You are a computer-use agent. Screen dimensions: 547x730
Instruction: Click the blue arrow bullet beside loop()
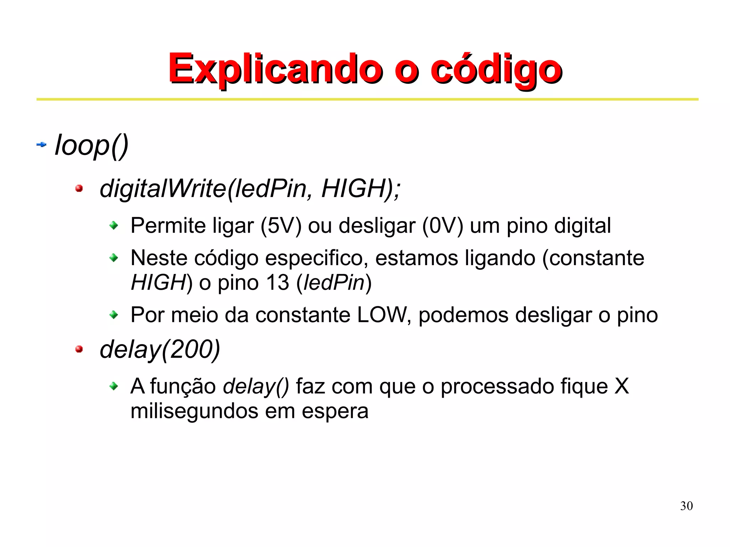42,145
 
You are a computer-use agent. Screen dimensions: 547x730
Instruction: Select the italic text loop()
92,145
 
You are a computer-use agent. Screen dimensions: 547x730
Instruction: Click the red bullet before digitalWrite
79,189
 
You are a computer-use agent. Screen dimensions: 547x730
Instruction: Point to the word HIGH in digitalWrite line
352,188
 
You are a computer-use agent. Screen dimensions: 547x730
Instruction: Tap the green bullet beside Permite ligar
114,226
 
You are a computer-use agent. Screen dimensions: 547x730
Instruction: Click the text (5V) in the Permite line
281,226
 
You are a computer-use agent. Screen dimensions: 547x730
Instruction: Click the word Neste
159,258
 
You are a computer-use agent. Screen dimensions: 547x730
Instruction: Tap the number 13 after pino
277,283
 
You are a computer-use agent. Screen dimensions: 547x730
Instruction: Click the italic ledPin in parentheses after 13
334,283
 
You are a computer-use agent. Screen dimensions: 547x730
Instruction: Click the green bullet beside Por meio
114,315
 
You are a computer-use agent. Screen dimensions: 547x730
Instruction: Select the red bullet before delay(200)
79,349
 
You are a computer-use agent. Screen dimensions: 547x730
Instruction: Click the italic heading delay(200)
160,350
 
